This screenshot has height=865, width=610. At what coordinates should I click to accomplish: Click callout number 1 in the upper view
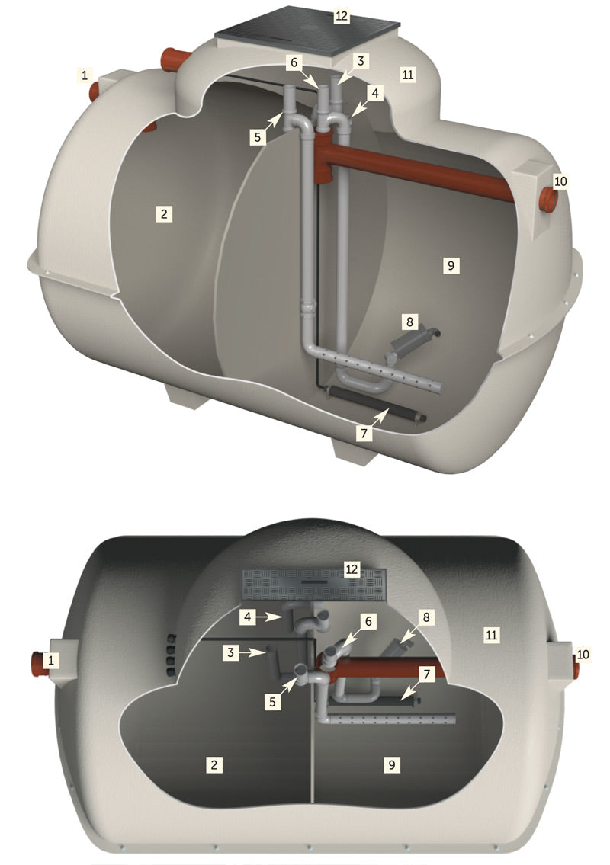click(x=85, y=75)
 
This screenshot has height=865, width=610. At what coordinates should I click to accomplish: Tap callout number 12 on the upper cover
click(x=342, y=15)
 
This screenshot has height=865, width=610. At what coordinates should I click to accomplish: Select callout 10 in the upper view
click(x=560, y=181)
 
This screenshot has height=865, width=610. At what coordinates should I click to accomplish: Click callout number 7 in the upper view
click(x=364, y=434)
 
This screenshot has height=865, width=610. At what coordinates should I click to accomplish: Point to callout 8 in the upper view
click(x=409, y=321)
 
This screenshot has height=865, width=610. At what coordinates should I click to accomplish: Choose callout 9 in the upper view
click(x=451, y=265)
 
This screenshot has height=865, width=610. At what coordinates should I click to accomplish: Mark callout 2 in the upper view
click(x=164, y=213)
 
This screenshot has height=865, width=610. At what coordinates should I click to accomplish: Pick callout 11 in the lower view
click(x=491, y=635)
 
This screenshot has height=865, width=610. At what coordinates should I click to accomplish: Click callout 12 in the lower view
click(x=352, y=569)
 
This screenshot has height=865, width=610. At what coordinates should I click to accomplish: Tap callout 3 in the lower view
click(x=231, y=652)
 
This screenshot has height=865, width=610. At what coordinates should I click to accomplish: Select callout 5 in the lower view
click(x=272, y=702)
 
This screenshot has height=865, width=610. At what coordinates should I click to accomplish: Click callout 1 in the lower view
click(x=51, y=660)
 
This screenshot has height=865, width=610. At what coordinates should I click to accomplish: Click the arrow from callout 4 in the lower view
click(x=270, y=617)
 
